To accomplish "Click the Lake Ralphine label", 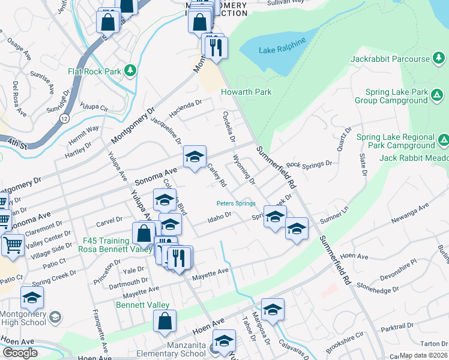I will click(282, 47).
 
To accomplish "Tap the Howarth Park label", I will click(246, 92).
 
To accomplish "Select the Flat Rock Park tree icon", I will click(130, 71).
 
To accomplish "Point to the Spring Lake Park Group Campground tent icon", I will click(438, 95).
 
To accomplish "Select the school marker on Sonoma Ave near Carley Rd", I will click(194, 157).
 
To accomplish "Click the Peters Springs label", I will click(236, 203).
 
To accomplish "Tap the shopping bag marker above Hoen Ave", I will click(164, 320).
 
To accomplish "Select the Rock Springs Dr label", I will click(309, 164).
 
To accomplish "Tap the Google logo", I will click(20, 353).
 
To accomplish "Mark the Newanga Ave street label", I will click(411, 214).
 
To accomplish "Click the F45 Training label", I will click(106, 241).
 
